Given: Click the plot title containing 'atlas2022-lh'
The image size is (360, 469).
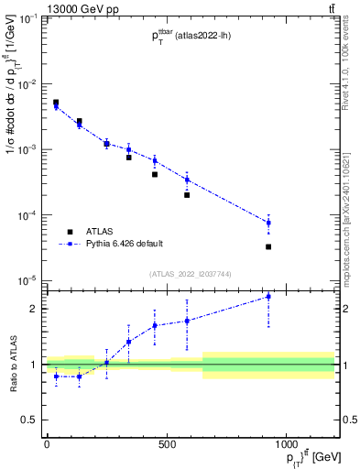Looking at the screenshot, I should pyautogui.click(x=191, y=37).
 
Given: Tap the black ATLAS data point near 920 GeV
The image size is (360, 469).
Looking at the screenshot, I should pyautogui.click(x=268, y=246).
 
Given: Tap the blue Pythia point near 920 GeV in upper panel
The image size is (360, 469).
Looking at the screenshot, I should pyautogui.click(x=268, y=223).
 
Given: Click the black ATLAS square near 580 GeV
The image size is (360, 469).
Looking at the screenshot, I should pyautogui.click(x=187, y=194).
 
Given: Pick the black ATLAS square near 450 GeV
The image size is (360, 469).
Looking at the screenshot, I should pyautogui.click(x=155, y=174).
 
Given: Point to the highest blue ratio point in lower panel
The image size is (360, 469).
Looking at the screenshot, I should pyautogui.click(x=268, y=297).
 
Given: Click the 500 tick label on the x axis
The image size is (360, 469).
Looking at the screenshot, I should pyautogui.click(x=166, y=444).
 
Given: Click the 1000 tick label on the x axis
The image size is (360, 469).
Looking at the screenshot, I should pyautogui.click(x=287, y=444).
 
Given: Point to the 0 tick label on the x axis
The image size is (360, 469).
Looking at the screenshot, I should pyautogui.click(x=46, y=444).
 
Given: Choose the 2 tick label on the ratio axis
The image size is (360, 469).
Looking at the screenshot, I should pyautogui.click(x=34, y=309).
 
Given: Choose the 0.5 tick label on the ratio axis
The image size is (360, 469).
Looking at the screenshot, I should pyautogui.click(x=30, y=420).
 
